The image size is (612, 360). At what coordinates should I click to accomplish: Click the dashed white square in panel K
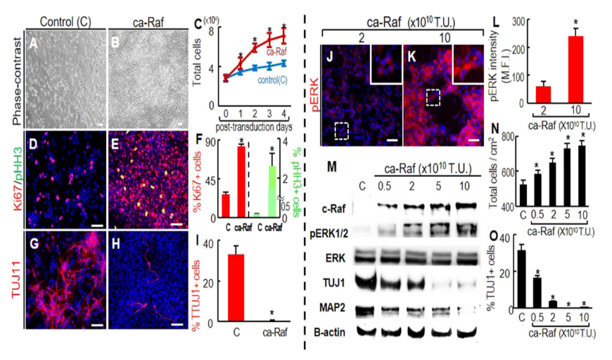[433, 98]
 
